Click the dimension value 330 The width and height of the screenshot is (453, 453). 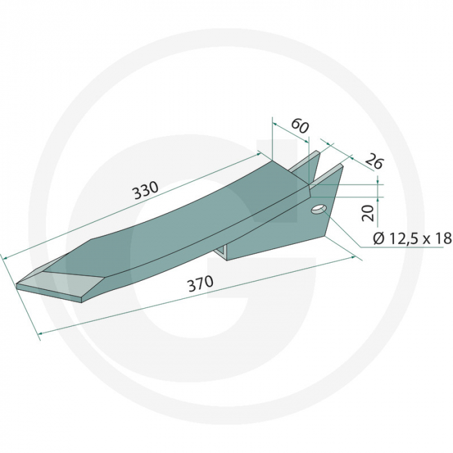coord(145,191)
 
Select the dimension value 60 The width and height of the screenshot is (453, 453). coord(298,125)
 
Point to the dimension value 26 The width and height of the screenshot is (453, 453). coord(373,162)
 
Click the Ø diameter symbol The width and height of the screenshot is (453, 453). coord(379,239)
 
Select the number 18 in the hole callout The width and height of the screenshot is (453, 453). coord(442,239)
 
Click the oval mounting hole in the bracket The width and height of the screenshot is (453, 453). coord(318,210)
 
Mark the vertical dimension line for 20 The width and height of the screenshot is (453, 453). coord(378,201)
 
